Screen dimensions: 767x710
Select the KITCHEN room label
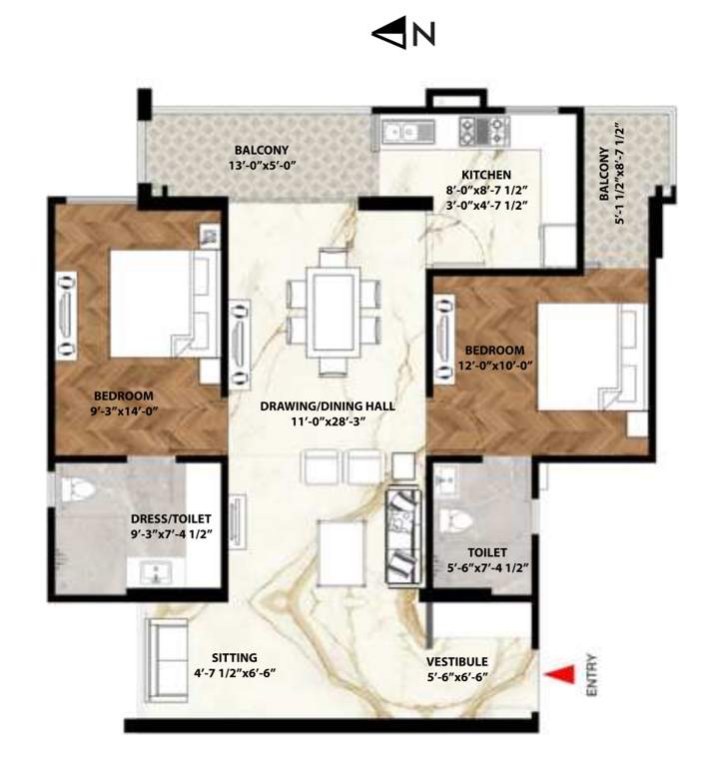(x=486, y=174)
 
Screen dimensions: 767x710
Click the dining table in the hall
(x=333, y=309)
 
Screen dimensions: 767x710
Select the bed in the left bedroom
(x=160, y=303)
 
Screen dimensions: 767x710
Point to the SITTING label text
(x=233, y=657)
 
